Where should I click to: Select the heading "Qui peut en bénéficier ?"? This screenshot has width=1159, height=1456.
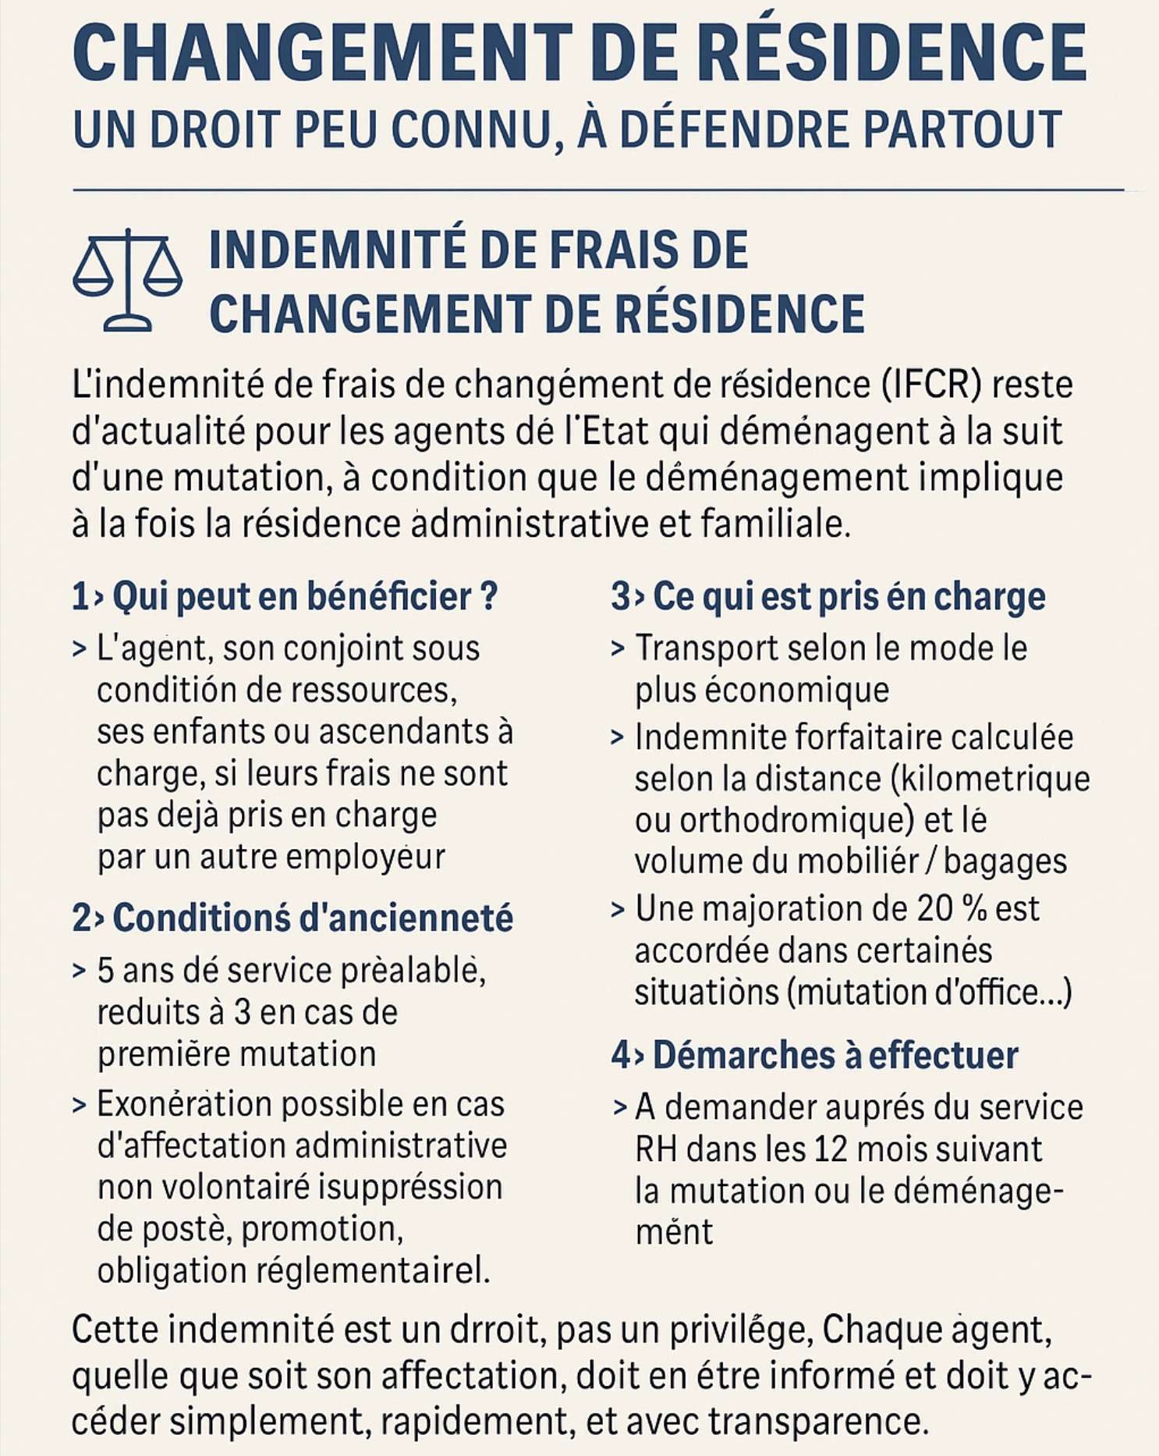pyautogui.click(x=285, y=597)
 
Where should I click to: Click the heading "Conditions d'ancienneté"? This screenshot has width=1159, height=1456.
pyautogui.click(x=293, y=918)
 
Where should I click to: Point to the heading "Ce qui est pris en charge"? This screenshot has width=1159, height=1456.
pyautogui.click(x=828, y=597)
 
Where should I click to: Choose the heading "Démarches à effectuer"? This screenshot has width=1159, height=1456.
pyautogui.click(x=815, y=1056)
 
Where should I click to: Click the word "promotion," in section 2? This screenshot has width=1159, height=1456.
pyautogui.click(x=322, y=1229)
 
